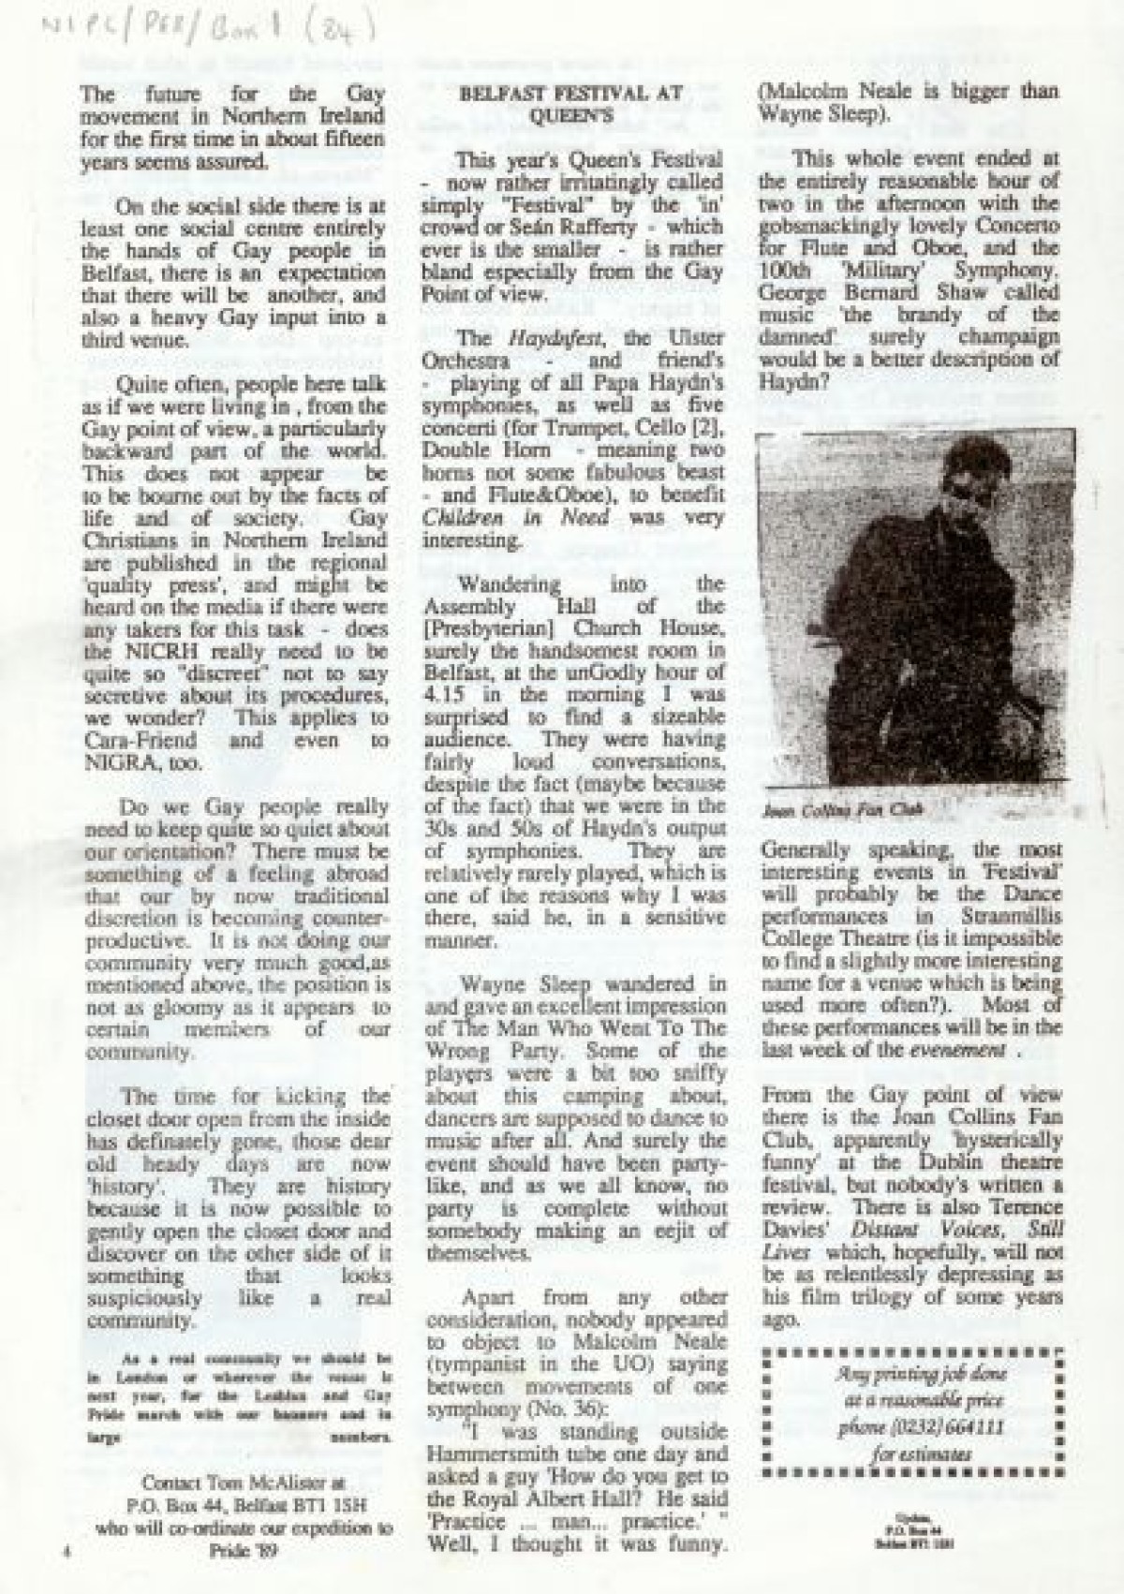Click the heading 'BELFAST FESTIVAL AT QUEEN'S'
(570, 104)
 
